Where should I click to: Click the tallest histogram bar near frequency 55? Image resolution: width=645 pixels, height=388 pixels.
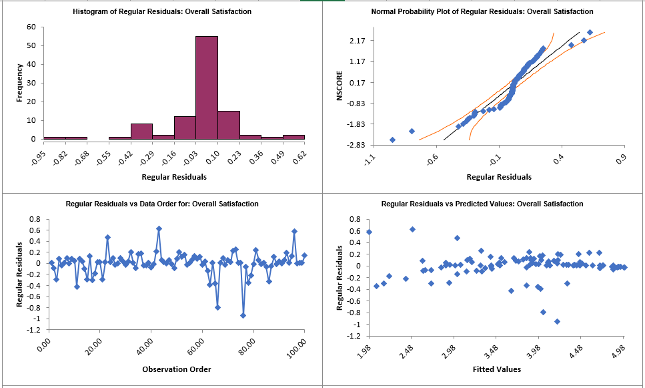pos(206,87)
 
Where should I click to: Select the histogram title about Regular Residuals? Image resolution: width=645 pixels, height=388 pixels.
pos(163,11)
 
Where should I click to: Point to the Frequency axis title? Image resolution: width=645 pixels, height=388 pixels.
pos(19,83)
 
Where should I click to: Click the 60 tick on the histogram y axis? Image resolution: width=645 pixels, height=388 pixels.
pos(31,27)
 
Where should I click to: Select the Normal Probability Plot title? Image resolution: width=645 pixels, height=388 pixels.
pos(482,11)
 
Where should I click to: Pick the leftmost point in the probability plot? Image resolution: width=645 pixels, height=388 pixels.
pos(392,140)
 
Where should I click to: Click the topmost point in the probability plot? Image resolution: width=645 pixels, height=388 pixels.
pos(590,32)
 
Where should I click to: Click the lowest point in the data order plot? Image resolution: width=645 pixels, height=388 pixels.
pos(243,315)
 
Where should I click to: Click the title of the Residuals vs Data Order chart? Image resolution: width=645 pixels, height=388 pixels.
pos(162,204)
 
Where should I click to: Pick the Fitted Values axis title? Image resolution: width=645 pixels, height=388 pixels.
pos(498,369)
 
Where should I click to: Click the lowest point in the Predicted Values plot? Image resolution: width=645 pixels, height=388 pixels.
pos(557,321)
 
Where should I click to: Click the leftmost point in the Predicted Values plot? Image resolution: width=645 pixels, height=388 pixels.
pos(370,232)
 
